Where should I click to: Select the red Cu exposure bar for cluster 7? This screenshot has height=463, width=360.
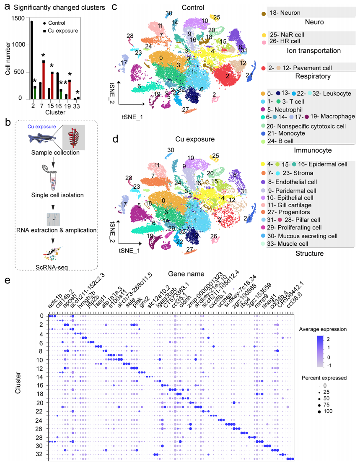pyautogui.click(x=43, y=80)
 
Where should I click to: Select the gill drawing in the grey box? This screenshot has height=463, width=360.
pyautogui.click(x=74, y=136)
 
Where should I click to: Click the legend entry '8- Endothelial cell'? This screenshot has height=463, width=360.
pyautogui.click(x=293, y=182)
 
